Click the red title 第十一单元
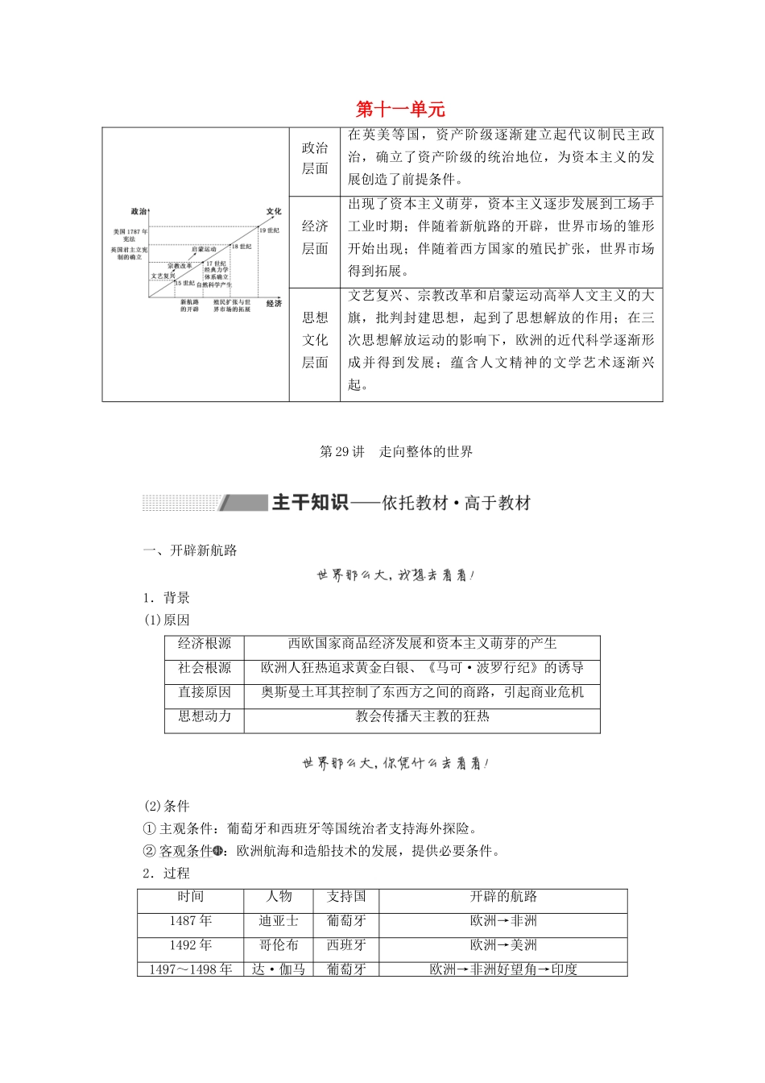click(400, 110)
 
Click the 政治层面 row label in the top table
click(315, 158)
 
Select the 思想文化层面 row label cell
click(315, 340)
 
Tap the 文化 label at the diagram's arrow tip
click(274, 212)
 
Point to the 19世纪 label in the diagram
click(269, 230)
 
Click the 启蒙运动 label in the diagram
click(204, 250)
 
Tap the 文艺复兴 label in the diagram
click(163, 276)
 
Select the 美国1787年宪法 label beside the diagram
click(130, 235)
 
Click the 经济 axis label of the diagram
click(274, 304)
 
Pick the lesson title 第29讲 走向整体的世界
click(396, 452)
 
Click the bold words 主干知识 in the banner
click(310, 503)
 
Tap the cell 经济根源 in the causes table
click(205, 644)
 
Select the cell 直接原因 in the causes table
click(205, 692)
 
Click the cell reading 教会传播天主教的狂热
click(422, 716)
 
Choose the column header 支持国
click(346, 897)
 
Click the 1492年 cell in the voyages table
click(191, 945)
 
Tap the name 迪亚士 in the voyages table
click(279, 921)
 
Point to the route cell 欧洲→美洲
click(503, 945)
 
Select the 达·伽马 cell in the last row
click(279, 969)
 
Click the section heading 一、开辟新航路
click(190, 551)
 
